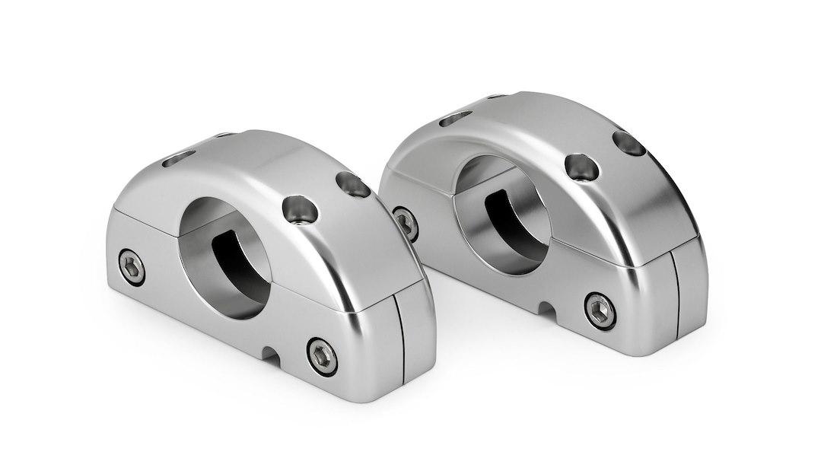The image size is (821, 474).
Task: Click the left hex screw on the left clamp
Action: pyautogui.click(x=132, y=267)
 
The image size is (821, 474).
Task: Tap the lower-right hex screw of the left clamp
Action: pyautogui.click(x=323, y=355)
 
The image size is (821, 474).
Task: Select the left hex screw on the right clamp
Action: pyautogui.click(x=406, y=222)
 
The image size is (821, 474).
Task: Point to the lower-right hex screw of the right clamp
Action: pyautogui.click(x=600, y=310)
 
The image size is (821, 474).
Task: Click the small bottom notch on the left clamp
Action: pyautogui.click(x=269, y=353)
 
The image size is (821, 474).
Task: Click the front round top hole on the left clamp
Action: pyautogui.click(x=299, y=209)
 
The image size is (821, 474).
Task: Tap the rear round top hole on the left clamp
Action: pyautogui.click(x=352, y=183)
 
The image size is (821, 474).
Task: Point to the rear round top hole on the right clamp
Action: pyautogui.click(x=629, y=142)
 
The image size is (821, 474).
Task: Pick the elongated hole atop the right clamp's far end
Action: pyautogui.click(x=454, y=118)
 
